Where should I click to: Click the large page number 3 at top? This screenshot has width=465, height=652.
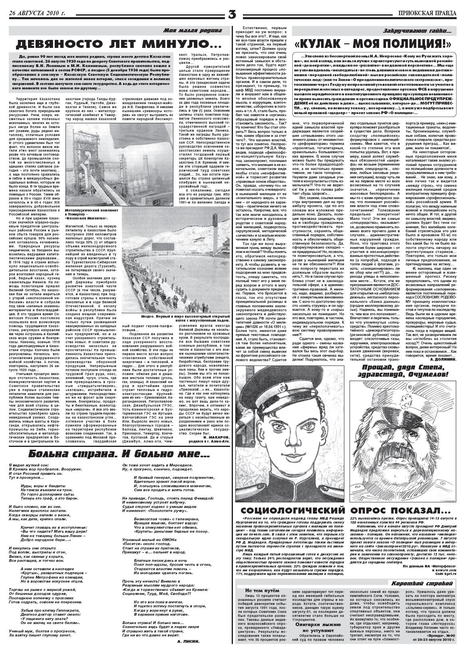tap(232, 14)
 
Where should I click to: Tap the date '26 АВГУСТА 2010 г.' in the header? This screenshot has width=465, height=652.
tap(37, 13)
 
